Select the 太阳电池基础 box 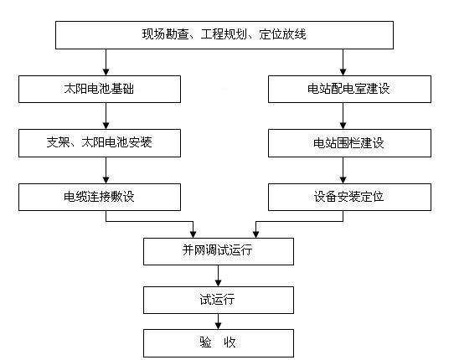coord(99,89)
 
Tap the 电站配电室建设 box coord(343,89)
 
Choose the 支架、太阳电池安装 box coord(99,143)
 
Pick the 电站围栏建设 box coord(343,143)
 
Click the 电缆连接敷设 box coord(99,198)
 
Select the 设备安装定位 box coord(343,198)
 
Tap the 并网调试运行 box coord(219,252)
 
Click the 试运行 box coord(219,298)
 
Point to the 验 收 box coord(219,343)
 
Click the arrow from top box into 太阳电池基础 coord(106,63)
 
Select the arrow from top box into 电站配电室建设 coord(343,63)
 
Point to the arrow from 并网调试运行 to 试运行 coord(219,275)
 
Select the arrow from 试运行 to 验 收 coord(219,321)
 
